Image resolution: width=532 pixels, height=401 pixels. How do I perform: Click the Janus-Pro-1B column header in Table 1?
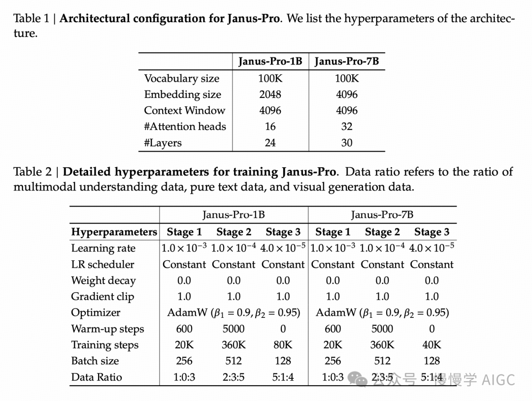270,62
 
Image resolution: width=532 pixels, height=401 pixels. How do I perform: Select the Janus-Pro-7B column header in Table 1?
347,62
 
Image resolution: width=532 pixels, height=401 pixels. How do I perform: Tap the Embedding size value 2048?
270,94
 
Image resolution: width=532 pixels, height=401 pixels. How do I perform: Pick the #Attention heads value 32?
347,126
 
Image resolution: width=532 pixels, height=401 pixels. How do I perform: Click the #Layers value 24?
270,143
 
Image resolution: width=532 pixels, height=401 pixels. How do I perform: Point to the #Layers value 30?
347,143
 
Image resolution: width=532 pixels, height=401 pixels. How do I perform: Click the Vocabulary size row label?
181,78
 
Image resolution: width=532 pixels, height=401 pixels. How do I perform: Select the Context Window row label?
184,111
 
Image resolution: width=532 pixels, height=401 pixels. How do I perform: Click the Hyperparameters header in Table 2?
114,232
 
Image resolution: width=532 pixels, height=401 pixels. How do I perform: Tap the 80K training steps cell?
283,345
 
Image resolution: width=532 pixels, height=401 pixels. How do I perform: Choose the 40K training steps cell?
432,345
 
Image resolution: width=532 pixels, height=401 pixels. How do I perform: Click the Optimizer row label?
96,312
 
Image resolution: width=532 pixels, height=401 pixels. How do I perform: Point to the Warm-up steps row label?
107,329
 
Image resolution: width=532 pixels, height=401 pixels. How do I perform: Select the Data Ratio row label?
97,377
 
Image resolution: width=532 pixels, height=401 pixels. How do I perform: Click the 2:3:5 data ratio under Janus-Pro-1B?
233,377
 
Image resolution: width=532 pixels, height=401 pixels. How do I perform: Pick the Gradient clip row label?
102,296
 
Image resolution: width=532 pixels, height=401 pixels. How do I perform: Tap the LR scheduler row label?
102,264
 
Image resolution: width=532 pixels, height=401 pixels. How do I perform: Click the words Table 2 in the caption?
32,172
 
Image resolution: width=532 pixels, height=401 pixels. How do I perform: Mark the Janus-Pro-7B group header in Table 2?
382,215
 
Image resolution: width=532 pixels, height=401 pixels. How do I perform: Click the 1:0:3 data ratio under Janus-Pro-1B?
184,377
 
